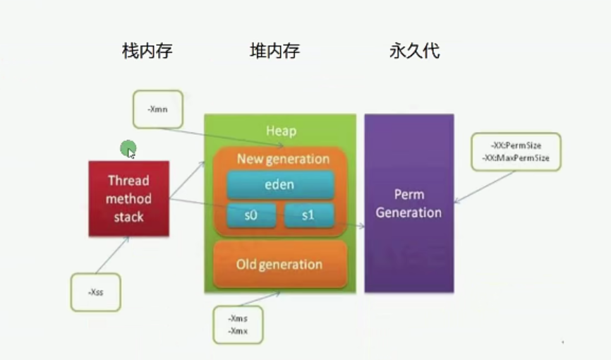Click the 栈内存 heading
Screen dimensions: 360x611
coord(147,52)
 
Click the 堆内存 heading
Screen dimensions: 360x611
coord(275,52)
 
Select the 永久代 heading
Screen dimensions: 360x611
coord(415,52)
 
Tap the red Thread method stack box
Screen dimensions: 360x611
coord(128,198)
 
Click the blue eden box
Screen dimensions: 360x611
coord(280,186)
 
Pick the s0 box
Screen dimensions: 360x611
coord(251,215)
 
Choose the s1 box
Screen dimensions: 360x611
coord(308,215)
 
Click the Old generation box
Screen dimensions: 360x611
coord(280,265)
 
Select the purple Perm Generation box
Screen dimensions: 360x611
coord(409,203)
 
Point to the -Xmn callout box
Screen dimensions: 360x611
coord(157,109)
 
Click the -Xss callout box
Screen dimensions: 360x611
coord(95,292)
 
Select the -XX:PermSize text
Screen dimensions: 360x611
coord(516,145)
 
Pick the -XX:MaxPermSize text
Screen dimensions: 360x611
coord(516,157)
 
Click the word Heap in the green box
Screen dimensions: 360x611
coord(281,131)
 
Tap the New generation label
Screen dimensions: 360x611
coord(283,159)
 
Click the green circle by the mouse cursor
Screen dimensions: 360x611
coord(127,148)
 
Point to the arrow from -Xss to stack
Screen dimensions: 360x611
coord(113,256)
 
